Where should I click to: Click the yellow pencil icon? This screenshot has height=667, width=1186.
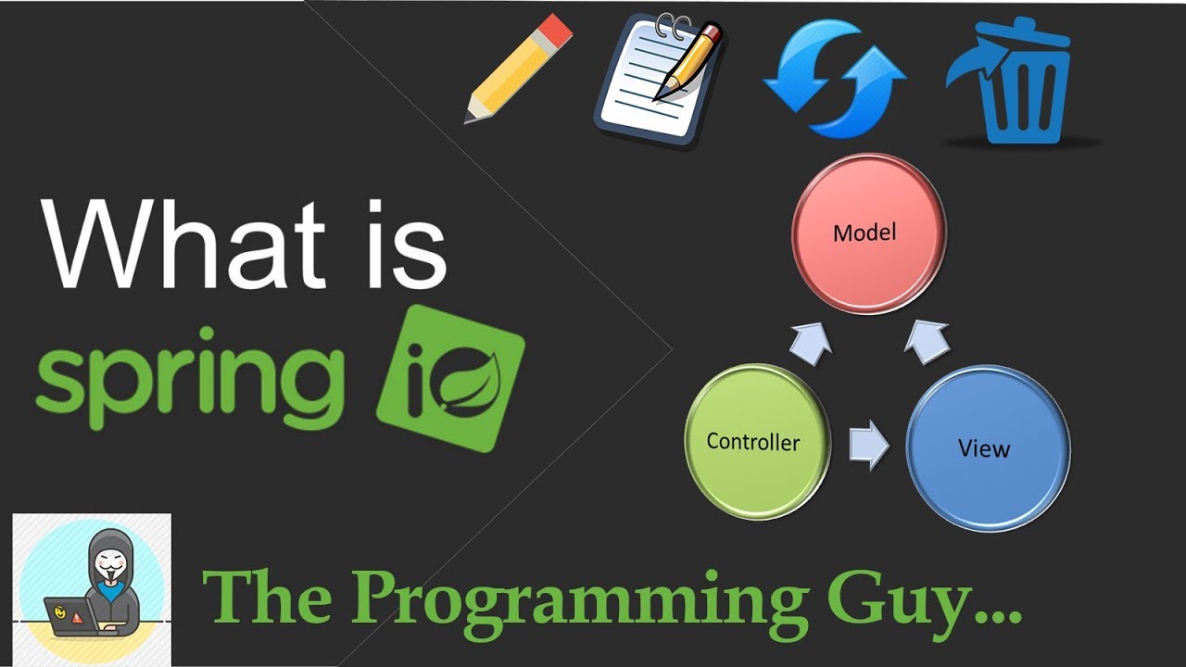click(x=517, y=69)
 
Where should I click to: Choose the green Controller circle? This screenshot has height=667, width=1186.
click(x=756, y=441)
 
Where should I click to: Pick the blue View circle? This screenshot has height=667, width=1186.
click(x=986, y=448)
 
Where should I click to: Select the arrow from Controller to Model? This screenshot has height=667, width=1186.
click(x=810, y=340)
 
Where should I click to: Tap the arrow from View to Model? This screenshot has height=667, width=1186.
click(x=927, y=340)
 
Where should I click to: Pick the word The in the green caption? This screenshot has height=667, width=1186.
click(x=269, y=597)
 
